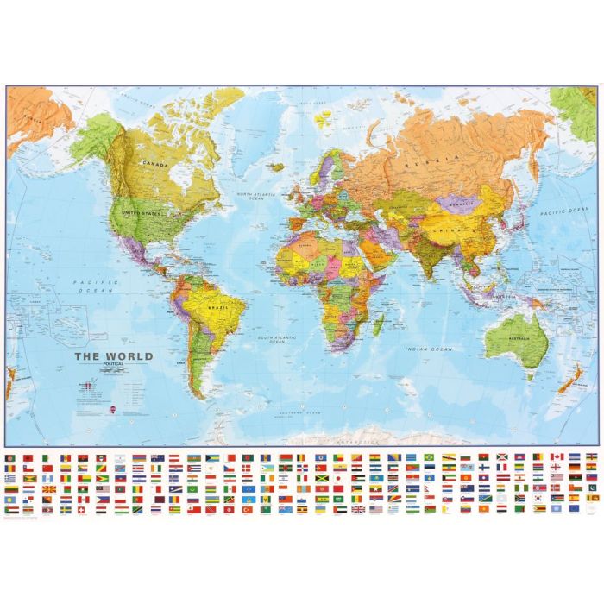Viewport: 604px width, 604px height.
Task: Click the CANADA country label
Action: click(155, 164)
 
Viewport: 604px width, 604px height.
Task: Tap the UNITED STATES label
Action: click(142, 213)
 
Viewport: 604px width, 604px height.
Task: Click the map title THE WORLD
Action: click(113, 355)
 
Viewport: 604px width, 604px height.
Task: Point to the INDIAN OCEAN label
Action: click(430, 348)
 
